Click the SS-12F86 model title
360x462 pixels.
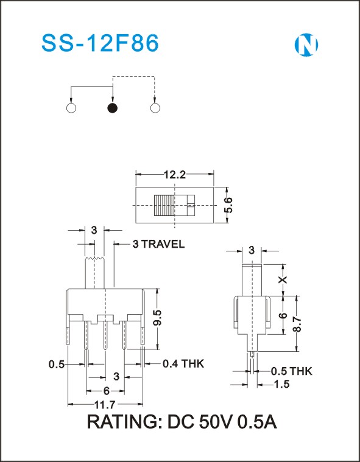100,43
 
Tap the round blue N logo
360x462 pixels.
306,45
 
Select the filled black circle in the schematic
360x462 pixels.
112,108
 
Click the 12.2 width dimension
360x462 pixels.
175,175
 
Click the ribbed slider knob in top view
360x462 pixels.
164,205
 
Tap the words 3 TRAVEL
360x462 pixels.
158,244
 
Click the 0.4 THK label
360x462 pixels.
183,363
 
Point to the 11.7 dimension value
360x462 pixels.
105,405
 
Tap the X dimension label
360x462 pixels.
283,279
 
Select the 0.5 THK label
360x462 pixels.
291,371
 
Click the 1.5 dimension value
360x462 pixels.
282,384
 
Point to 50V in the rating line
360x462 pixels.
215,422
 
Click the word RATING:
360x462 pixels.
125,422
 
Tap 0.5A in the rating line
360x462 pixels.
257,422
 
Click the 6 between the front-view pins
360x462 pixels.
106,391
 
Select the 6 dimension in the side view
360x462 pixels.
283,315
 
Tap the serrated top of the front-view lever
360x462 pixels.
94,259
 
